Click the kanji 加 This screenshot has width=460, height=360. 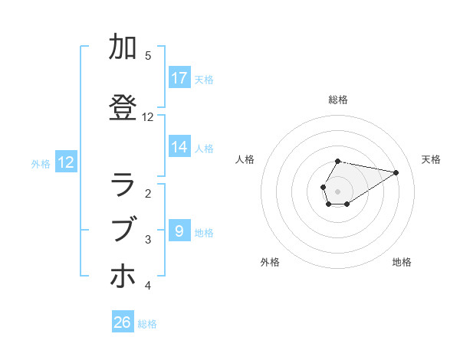click(x=123, y=47)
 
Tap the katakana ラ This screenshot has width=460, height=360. click(x=123, y=185)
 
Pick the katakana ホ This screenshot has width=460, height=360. click(x=123, y=277)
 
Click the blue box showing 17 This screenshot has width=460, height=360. click(x=179, y=78)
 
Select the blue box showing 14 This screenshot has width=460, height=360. click(x=179, y=147)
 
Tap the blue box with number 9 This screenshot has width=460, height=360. click(x=179, y=230)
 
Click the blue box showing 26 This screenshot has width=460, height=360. click(x=123, y=322)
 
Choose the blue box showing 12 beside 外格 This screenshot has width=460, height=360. click(x=66, y=162)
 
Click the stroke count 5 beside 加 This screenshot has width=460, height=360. click(x=148, y=56)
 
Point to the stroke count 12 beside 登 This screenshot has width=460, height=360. click(x=148, y=117)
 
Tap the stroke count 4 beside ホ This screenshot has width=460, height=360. click(x=148, y=286)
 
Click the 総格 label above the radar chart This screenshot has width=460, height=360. click(x=338, y=100)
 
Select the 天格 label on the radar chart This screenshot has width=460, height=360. click(x=431, y=159)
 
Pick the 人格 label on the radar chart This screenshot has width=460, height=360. click(x=245, y=159)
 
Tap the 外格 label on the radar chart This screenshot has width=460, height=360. click(x=270, y=262)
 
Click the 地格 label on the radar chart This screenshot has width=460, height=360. click(x=402, y=262)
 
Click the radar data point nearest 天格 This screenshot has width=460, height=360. click(x=396, y=172)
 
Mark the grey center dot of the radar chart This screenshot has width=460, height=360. click(x=337, y=191)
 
